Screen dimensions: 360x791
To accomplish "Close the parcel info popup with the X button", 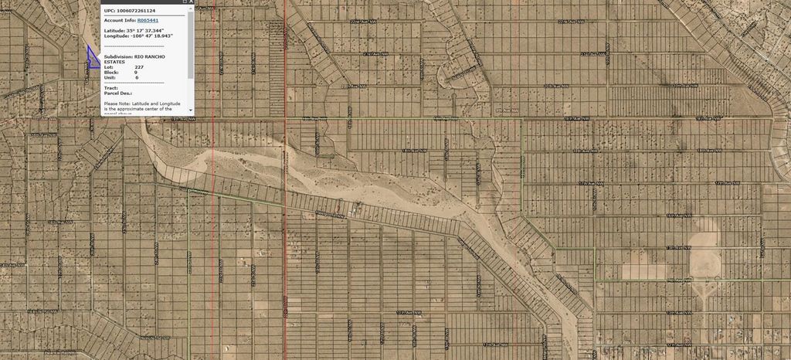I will point(191,2).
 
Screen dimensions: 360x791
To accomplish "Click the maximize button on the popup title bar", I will point(184,2).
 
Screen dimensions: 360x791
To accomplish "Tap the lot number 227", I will point(139,67).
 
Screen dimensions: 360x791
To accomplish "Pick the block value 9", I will point(136,73).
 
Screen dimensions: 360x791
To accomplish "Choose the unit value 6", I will point(137,78).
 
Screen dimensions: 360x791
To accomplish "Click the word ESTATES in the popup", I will point(115,62).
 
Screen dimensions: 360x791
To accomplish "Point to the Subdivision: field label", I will point(118,57).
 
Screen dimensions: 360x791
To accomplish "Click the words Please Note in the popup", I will point(117,103).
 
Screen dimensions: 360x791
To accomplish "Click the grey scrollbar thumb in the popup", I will point(190,46).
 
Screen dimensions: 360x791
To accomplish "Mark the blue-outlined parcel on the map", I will point(93,61).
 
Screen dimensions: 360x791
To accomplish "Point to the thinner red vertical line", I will point(213,232).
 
